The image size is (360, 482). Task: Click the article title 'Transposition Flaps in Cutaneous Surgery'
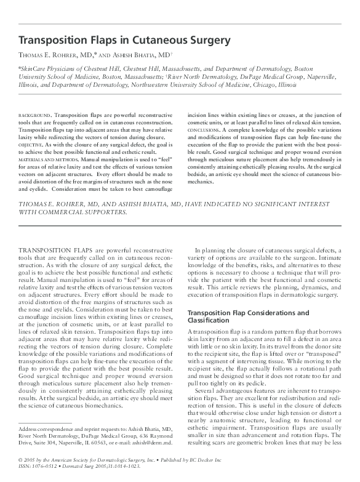click(125, 41)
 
